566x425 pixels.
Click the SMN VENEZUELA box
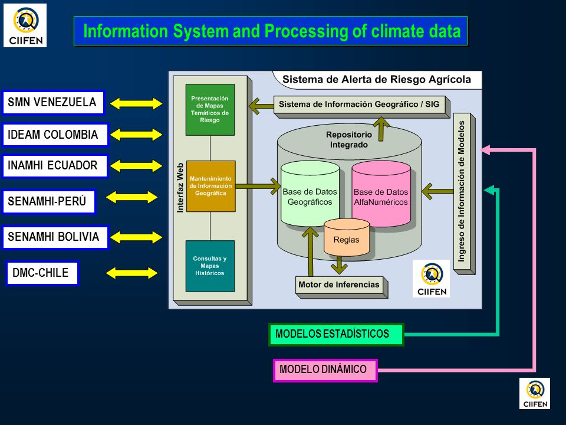click(53, 103)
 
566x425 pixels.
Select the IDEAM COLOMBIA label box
click(55, 135)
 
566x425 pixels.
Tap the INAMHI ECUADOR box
click(55, 166)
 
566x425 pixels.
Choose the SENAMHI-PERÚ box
click(49, 201)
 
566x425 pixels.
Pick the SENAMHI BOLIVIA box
click(55, 237)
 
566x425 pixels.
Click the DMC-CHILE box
click(42, 273)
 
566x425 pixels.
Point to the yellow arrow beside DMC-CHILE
click(131, 273)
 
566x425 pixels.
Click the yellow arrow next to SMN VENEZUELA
click(136, 104)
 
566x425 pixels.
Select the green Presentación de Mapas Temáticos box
click(210, 110)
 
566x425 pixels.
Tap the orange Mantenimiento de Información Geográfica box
click(211, 186)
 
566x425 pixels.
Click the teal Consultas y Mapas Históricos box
click(210, 266)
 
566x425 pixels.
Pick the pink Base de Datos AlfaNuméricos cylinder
click(381, 194)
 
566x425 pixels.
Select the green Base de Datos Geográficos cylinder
click(310, 194)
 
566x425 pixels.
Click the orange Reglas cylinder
click(347, 237)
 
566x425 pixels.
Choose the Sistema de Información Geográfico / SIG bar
click(361, 107)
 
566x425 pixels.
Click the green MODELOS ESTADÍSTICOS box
click(336, 334)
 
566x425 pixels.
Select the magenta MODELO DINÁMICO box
click(325, 370)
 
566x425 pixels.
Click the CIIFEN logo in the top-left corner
click(25, 25)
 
